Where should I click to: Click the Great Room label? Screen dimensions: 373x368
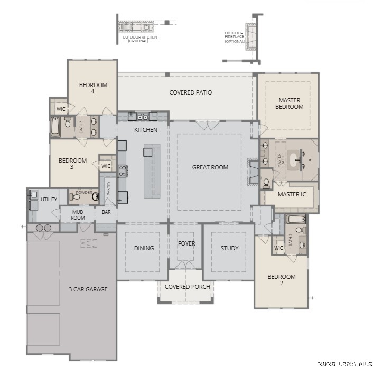[x=210, y=167]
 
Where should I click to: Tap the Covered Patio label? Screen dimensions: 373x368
[x=191, y=92]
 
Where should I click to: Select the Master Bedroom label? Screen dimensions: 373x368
[x=290, y=103]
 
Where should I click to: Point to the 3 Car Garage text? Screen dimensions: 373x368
[x=88, y=289]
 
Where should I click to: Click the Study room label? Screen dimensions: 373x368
[x=229, y=248]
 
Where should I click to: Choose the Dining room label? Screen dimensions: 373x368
[x=144, y=248]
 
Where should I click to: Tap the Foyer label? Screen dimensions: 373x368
[x=186, y=243]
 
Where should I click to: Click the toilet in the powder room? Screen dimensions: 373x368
[x=75, y=197]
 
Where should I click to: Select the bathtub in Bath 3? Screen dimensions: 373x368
[x=55, y=127]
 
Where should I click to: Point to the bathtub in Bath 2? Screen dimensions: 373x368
[x=295, y=219]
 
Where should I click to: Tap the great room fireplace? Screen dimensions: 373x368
[x=253, y=172]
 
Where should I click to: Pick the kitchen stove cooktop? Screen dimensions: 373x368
[x=123, y=171]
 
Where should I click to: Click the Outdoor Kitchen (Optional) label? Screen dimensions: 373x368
[x=139, y=39]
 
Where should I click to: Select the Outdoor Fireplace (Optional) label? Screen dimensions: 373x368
[x=235, y=37]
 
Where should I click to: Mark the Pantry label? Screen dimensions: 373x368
[x=108, y=188]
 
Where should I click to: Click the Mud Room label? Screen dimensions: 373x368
[x=78, y=215]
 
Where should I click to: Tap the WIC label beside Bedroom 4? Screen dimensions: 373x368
[x=61, y=109]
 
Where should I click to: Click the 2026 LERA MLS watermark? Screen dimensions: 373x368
[x=345, y=364]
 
